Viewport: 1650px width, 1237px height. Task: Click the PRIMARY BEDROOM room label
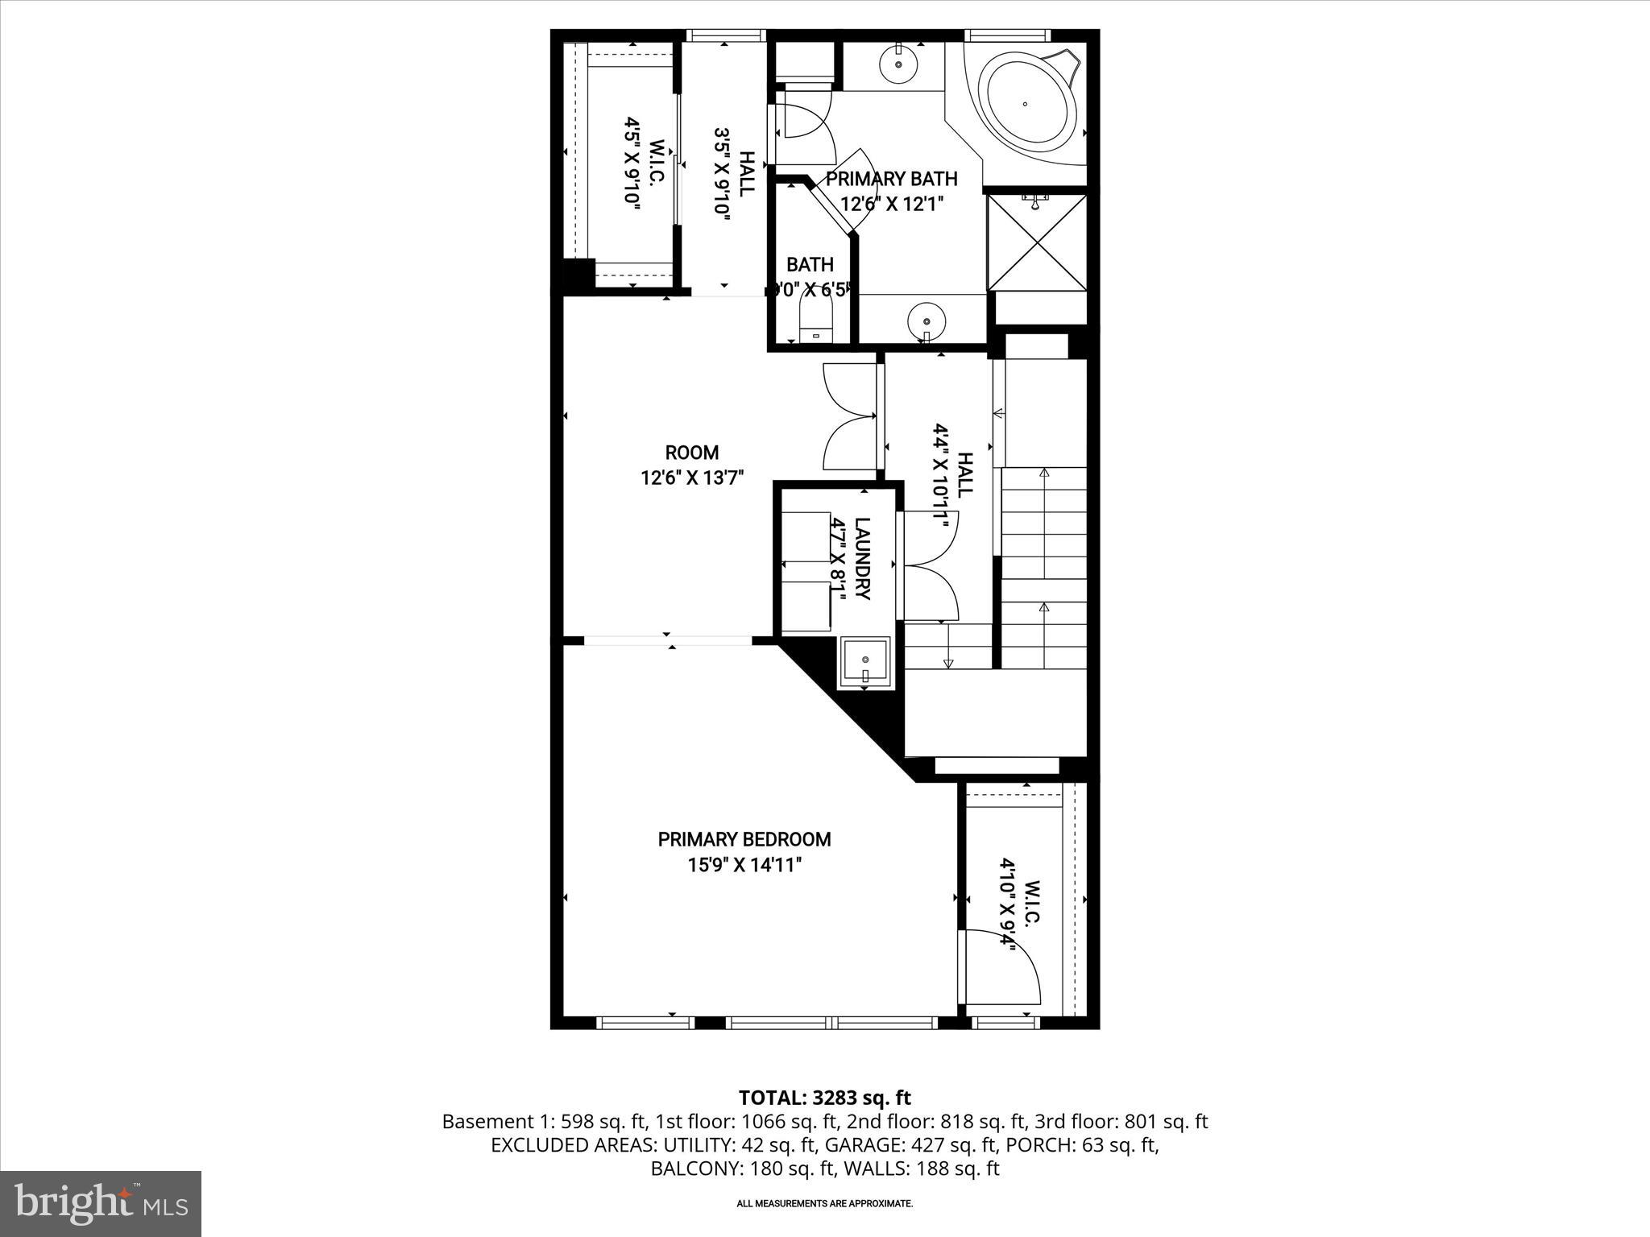point(744,839)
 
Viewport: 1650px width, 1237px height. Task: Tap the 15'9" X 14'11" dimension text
point(744,865)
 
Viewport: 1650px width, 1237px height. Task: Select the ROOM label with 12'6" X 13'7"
point(691,453)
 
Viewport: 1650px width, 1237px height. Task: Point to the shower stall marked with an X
point(1037,242)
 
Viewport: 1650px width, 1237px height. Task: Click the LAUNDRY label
point(862,558)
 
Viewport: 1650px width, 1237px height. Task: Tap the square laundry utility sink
point(865,662)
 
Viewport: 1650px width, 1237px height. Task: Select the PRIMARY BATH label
point(891,179)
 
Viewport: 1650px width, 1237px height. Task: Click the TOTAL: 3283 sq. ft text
point(824,1098)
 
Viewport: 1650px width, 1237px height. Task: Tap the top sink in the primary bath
point(898,64)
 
